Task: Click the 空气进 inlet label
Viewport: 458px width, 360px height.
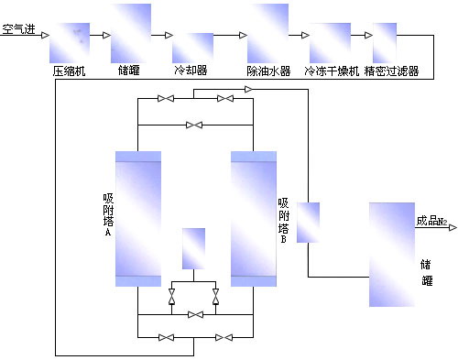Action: click(18, 29)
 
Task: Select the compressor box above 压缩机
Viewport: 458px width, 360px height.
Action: click(70, 42)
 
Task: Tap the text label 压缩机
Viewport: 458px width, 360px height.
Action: click(69, 71)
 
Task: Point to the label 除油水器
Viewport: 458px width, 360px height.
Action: click(268, 71)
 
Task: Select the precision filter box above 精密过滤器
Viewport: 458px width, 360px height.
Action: click(385, 42)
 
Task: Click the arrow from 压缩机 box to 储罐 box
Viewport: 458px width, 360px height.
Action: click(100, 36)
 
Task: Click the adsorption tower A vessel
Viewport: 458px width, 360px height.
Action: click(138, 218)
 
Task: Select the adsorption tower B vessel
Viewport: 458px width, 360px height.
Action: click(254, 218)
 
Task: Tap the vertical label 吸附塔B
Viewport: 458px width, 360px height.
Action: click(284, 221)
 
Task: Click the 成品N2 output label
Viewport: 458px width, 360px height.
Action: click(431, 221)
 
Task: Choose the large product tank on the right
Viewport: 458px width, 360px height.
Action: click(391, 255)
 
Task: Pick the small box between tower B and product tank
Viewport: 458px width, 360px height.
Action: click(308, 223)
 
